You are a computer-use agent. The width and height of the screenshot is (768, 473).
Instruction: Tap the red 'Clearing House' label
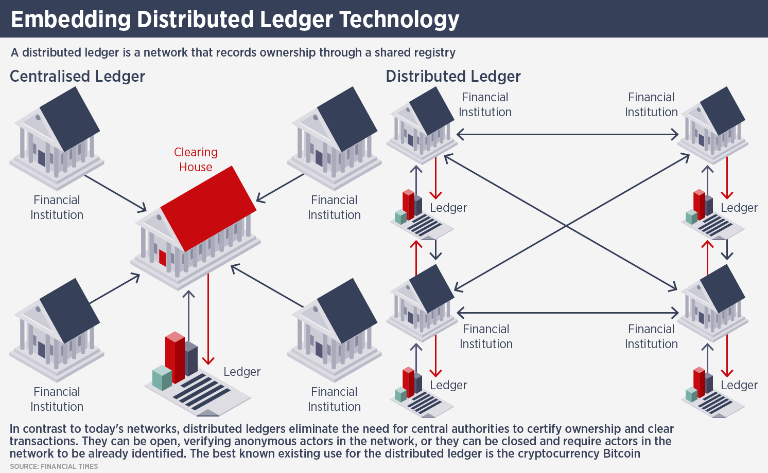click(196, 159)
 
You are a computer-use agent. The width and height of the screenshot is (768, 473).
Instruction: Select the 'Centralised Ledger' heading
click(77, 77)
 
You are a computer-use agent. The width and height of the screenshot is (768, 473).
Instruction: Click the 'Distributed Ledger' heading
click(453, 77)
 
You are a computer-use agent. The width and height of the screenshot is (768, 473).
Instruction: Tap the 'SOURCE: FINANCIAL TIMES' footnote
click(54, 466)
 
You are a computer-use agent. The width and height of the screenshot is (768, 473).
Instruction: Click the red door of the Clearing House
click(163, 257)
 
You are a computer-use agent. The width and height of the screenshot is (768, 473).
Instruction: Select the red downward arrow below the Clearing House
click(208, 319)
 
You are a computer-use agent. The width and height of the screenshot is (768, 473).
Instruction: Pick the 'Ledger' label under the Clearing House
click(242, 372)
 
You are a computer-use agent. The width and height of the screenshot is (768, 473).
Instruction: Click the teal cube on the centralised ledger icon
click(162, 377)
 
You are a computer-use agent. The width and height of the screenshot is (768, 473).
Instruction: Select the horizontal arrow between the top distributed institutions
click(567, 135)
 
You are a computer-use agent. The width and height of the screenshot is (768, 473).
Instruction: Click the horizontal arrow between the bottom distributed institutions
click(567, 312)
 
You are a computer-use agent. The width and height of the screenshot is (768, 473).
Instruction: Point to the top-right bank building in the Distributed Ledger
click(713, 123)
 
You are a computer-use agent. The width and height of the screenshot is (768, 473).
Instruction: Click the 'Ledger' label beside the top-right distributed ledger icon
click(739, 208)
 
